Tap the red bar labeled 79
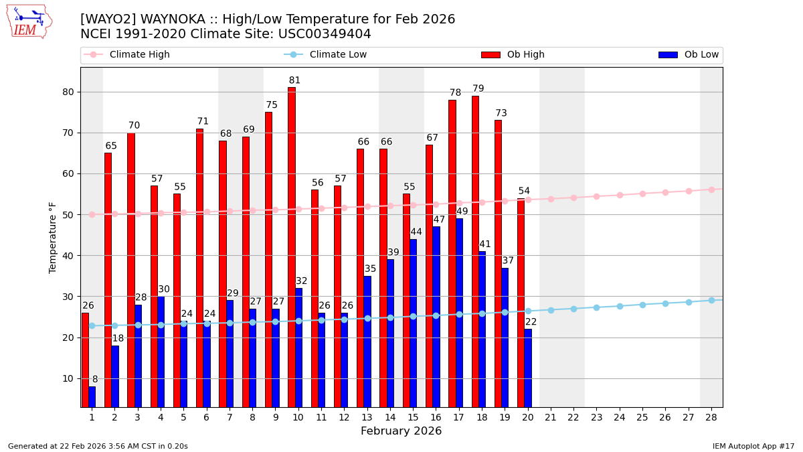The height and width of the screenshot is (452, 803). point(475,251)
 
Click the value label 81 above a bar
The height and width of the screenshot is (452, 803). point(294,80)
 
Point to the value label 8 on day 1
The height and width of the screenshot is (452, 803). point(95,380)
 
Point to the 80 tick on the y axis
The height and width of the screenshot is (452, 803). point(69,92)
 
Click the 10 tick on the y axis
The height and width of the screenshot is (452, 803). point(69,378)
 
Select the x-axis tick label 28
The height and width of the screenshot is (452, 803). point(711,417)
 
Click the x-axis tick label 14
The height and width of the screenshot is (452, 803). point(390,417)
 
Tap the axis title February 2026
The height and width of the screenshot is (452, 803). point(401,431)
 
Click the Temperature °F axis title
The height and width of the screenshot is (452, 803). point(54,237)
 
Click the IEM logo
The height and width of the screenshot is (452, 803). point(29,21)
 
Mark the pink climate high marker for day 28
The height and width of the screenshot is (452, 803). point(711,190)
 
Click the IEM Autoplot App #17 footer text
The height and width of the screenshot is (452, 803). point(753,446)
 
